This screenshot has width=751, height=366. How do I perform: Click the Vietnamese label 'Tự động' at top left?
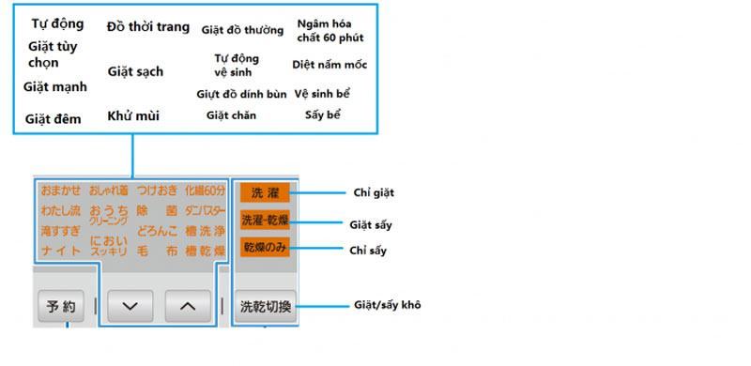[57, 23]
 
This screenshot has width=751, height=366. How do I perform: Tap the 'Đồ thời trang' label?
[147, 26]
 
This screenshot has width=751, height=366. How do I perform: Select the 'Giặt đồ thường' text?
[242, 30]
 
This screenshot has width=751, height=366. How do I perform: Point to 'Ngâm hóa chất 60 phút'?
[330, 30]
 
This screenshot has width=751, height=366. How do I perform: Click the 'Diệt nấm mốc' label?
[329, 66]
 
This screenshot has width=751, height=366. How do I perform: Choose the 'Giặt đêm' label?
[54, 119]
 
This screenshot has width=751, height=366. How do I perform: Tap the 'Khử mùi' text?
[133, 116]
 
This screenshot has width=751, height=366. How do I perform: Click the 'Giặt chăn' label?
[231, 115]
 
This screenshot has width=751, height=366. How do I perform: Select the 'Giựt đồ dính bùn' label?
[241, 95]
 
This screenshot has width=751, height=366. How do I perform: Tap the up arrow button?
[189, 305]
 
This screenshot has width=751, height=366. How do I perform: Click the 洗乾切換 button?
[266, 306]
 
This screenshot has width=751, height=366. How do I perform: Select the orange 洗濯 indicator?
[264, 192]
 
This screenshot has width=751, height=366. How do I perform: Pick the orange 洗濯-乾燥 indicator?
[264, 221]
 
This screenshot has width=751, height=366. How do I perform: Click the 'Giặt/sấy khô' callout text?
[387, 305]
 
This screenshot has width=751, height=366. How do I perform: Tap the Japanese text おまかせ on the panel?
[61, 191]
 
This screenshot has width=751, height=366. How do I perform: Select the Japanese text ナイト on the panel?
[61, 252]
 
